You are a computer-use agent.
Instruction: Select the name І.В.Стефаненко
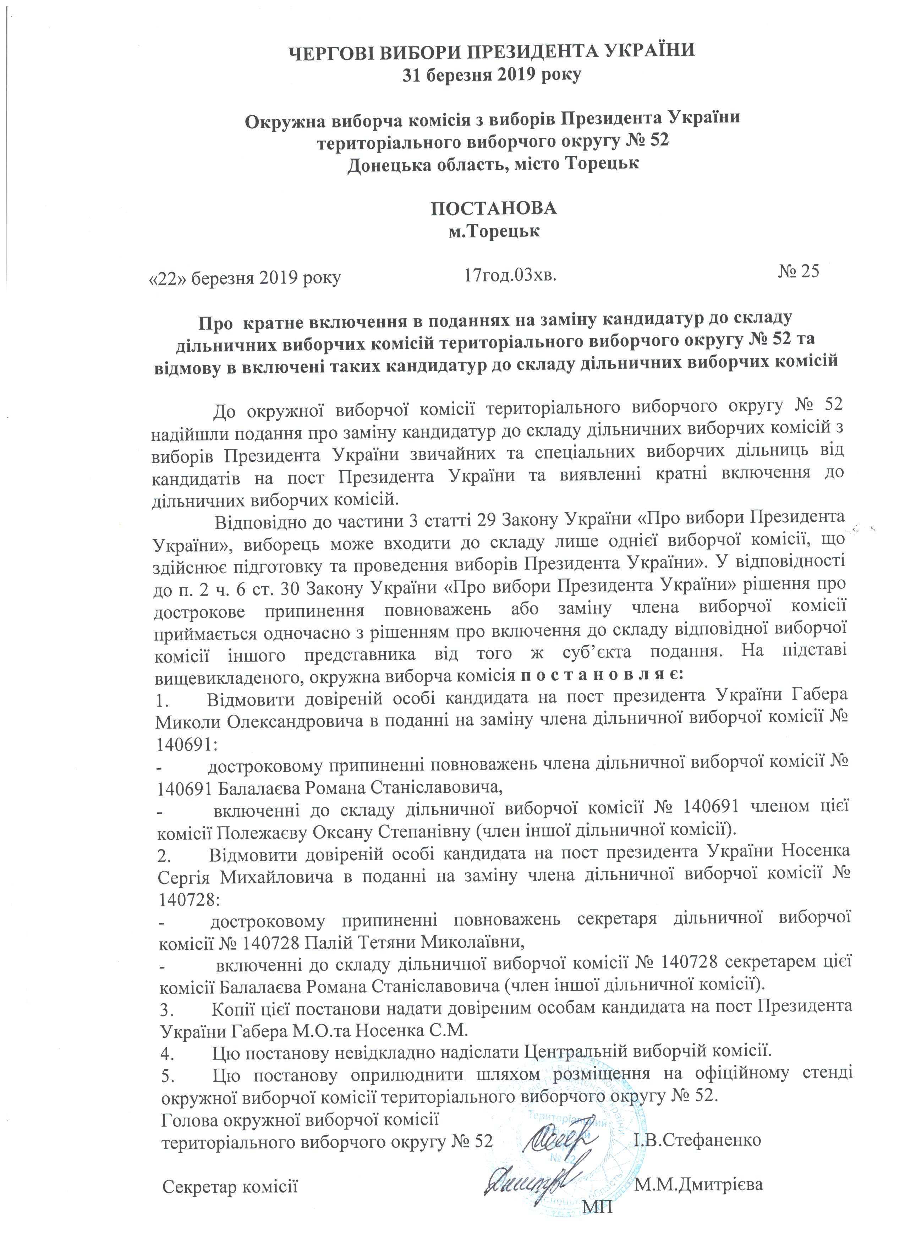(697, 1140)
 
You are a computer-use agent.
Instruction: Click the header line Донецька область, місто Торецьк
(493, 164)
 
